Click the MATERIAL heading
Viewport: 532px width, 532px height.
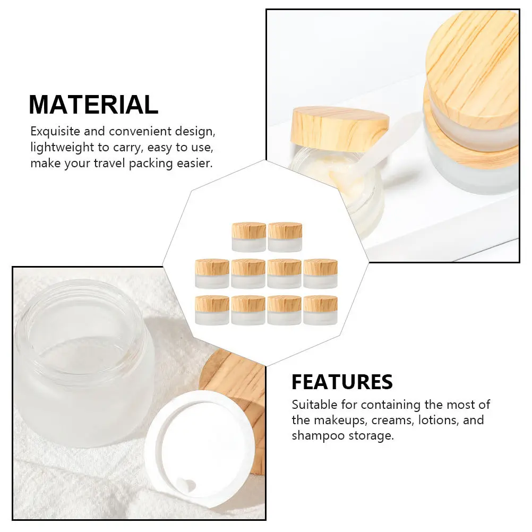click(93, 105)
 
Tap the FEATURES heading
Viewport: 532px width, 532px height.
click(342, 382)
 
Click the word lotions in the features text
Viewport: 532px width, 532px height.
click(435, 421)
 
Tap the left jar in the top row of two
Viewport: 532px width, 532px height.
click(248, 237)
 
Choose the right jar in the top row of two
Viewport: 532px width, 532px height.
click(285, 237)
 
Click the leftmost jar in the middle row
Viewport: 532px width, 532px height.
click(212, 273)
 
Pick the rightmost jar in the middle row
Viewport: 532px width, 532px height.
click(320, 273)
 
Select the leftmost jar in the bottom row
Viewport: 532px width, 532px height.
click(212, 310)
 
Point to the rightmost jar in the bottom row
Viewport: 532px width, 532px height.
click(320, 310)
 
